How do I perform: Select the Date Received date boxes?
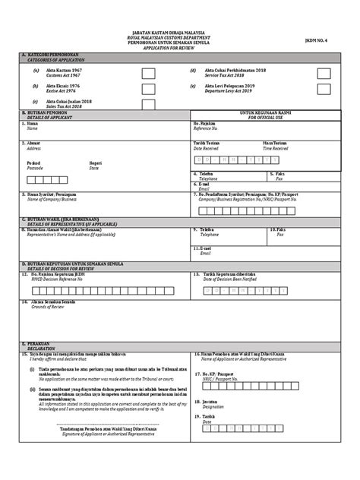point(229,161)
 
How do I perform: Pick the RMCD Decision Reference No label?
point(58,279)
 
